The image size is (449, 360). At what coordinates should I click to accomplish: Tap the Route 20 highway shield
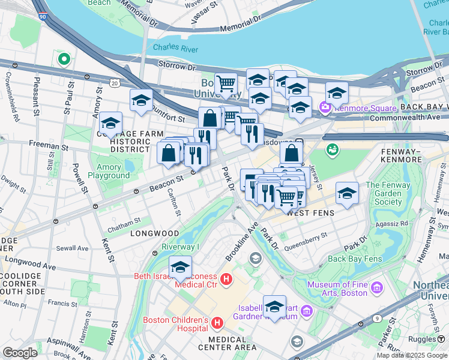(114, 83)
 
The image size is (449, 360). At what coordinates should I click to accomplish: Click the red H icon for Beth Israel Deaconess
(226, 278)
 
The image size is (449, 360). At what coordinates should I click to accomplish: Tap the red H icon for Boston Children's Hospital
(217, 325)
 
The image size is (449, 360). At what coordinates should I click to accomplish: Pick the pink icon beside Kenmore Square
(326, 108)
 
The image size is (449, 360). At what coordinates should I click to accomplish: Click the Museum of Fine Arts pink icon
(377, 289)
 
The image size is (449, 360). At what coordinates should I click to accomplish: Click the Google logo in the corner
(20, 353)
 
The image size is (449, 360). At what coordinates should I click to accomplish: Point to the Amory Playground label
(109, 171)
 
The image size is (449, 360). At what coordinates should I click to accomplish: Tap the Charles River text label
(173, 47)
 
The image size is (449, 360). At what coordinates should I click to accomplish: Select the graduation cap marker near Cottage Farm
(110, 123)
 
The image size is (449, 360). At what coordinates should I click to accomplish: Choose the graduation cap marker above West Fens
(347, 193)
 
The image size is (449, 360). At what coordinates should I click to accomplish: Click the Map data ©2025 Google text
(412, 355)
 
